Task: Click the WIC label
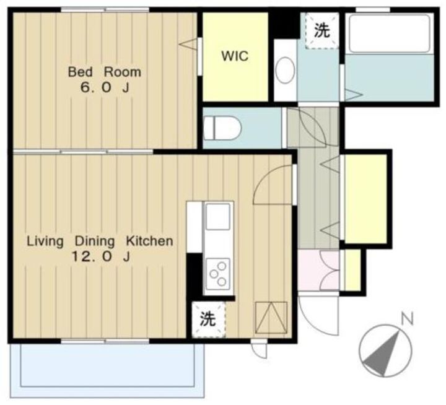click(235, 56)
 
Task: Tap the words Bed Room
click(105, 72)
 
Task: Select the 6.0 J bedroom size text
click(105, 88)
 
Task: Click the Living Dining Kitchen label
click(100, 241)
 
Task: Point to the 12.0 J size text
click(101, 257)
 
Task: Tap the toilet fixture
click(222, 129)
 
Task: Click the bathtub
click(389, 33)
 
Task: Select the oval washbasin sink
click(286, 71)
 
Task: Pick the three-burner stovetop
click(218, 274)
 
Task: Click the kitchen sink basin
click(218, 217)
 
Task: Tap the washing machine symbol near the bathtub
click(322, 31)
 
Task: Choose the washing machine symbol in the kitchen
click(209, 320)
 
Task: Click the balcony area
click(107, 370)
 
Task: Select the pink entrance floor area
click(318, 271)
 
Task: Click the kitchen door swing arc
click(264, 180)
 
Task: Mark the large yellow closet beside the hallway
click(366, 199)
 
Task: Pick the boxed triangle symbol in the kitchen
click(271, 318)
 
